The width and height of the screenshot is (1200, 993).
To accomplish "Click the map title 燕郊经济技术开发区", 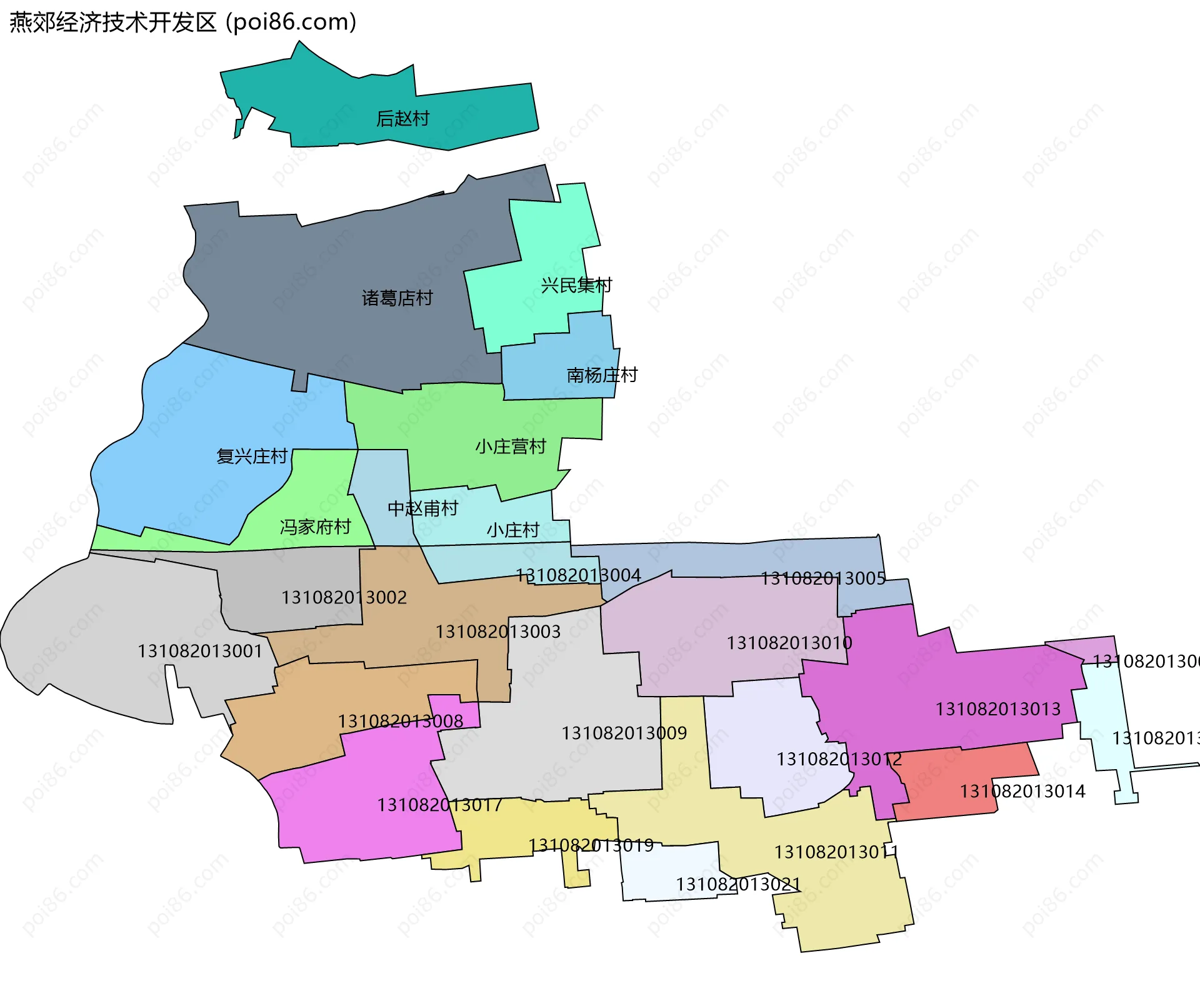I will point(112,23).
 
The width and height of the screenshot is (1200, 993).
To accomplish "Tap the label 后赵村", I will point(402,118).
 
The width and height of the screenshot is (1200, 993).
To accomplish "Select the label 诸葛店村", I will point(397,298).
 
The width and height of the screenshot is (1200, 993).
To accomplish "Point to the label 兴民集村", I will point(576,285).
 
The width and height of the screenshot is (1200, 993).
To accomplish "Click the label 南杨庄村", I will point(602,375).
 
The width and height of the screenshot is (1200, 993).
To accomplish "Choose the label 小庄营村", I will point(511,446).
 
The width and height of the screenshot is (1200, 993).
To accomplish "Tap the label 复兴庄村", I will point(252,456).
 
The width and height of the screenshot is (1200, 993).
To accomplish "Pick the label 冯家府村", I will point(315,527).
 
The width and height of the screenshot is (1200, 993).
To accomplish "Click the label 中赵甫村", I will point(423,508).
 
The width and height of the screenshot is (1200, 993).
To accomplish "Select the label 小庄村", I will point(512,530).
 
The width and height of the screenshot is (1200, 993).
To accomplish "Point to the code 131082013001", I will point(200,651).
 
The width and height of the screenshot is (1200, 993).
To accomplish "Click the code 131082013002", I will point(344,597).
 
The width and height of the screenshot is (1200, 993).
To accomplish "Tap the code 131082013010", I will point(789,642).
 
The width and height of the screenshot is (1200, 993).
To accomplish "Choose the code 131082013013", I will point(998,708).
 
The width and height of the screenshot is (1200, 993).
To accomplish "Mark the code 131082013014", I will point(1022,791).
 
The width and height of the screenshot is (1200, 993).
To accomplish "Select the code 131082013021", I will point(738,884).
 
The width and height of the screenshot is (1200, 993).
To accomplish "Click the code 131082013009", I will point(624,732).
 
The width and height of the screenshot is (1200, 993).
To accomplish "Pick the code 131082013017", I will point(439,804).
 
